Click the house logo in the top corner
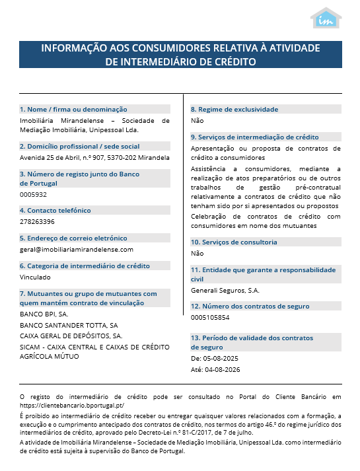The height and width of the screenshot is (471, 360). (326, 18)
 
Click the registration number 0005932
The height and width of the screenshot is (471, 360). (34, 195)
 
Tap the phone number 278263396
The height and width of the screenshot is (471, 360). (37, 222)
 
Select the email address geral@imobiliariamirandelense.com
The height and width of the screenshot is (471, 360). (77, 250)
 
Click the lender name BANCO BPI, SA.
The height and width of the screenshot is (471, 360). (44, 314)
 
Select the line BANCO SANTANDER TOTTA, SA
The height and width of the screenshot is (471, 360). (69, 325)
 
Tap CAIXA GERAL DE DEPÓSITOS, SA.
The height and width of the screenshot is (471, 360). (71, 336)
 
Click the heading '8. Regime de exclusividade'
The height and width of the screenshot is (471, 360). (234, 109)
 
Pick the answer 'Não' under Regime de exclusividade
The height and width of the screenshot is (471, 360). (198, 121)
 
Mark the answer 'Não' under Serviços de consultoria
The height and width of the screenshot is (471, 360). (198, 254)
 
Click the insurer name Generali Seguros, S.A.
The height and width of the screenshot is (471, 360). (225, 290)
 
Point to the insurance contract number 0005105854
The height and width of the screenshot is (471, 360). (210, 318)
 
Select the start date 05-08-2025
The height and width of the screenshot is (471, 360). (220, 358)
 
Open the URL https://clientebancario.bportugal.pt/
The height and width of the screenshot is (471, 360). (72, 405)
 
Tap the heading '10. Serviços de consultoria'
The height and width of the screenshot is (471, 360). (234, 242)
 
